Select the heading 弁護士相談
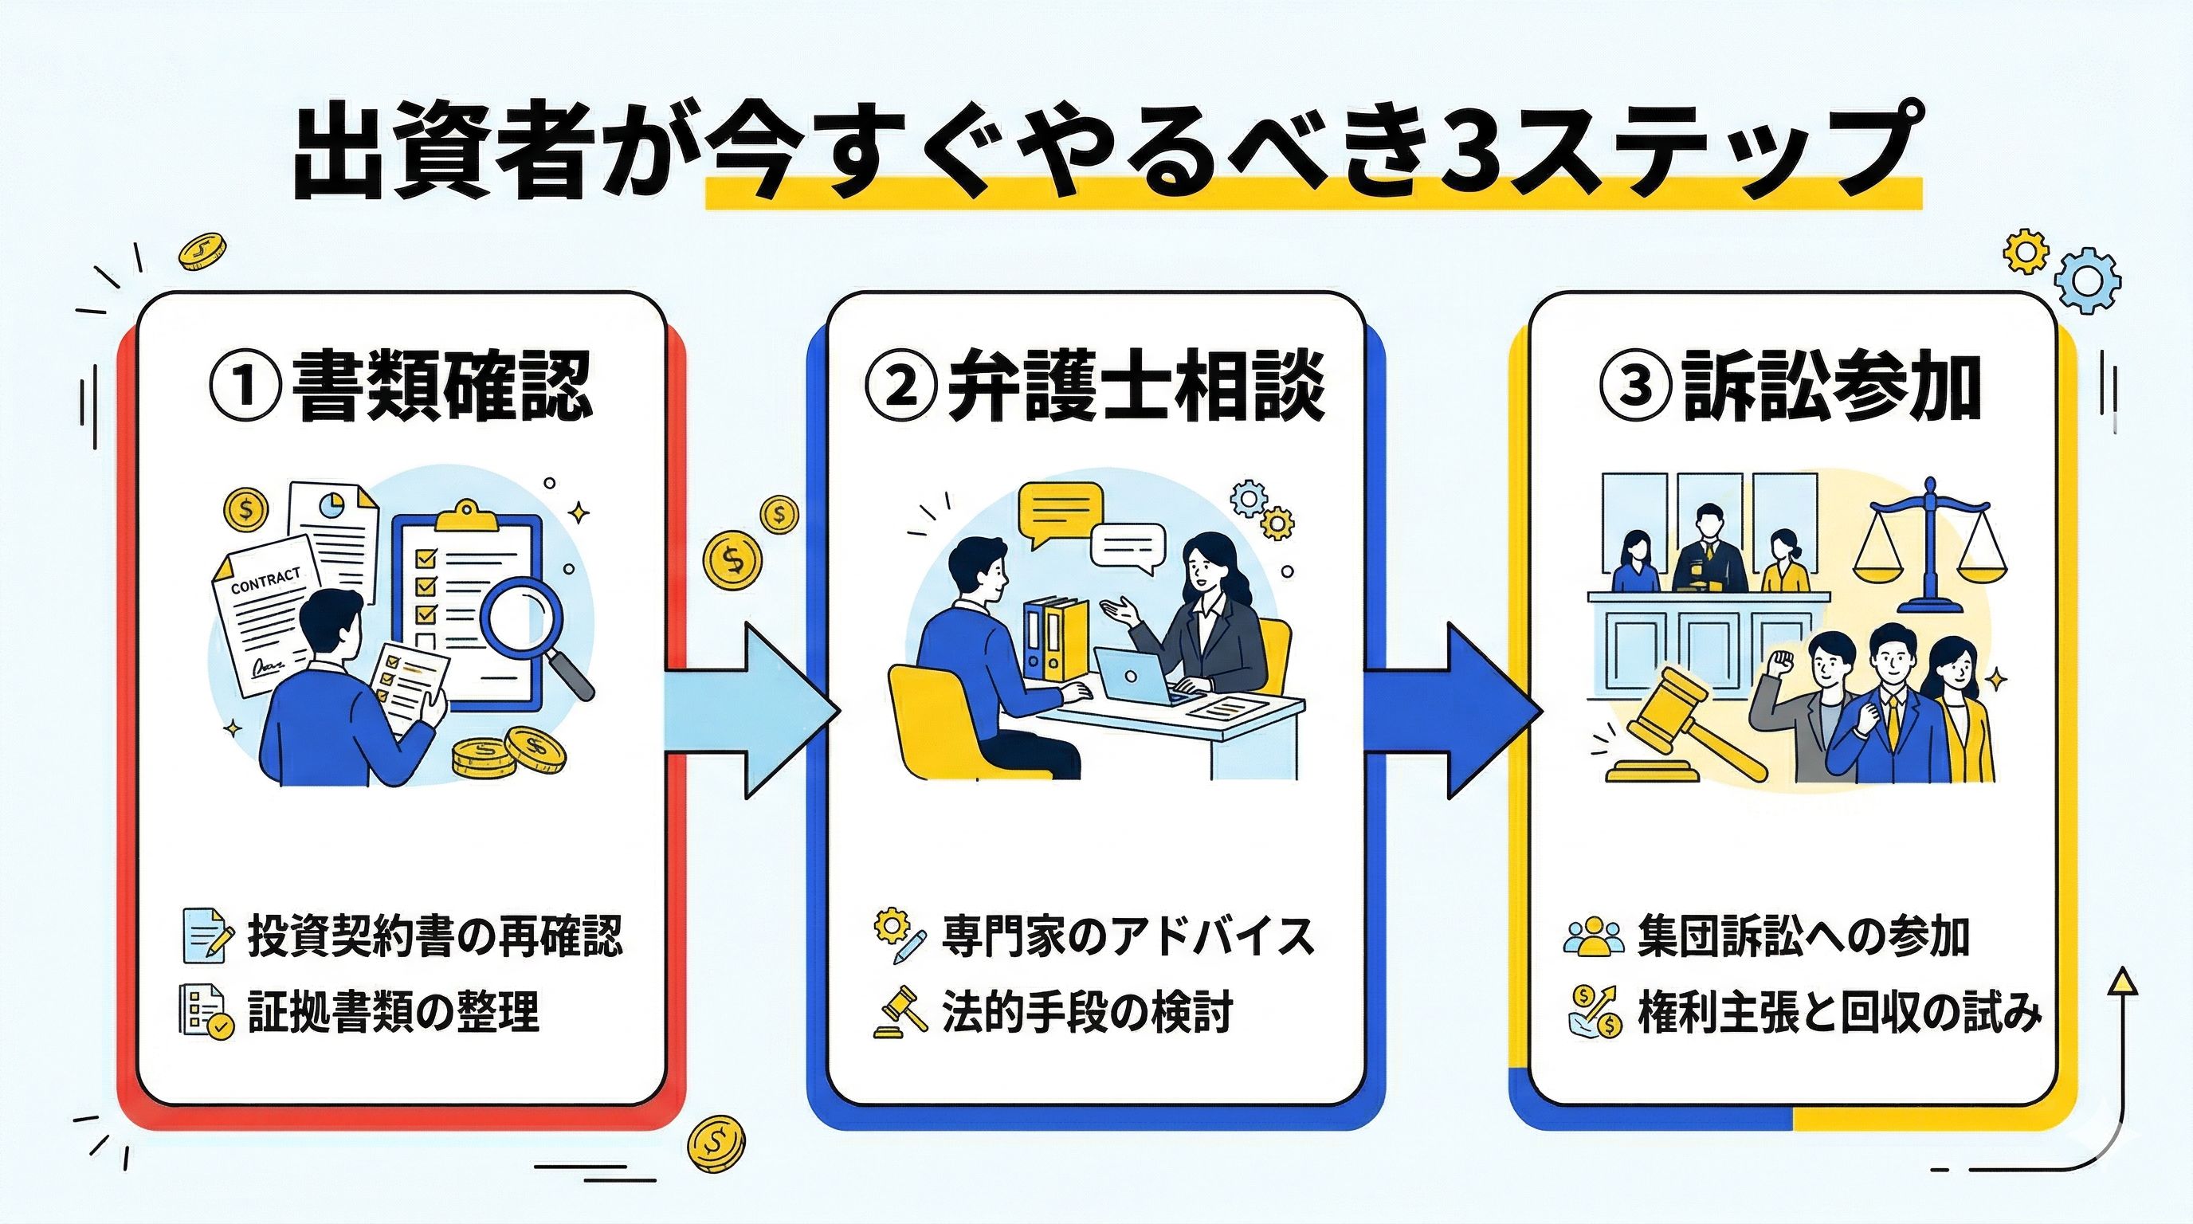tap(1136, 387)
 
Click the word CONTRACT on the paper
tap(265, 580)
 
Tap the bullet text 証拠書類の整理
tap(394, 1013)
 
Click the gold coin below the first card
tap(715, 1140)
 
